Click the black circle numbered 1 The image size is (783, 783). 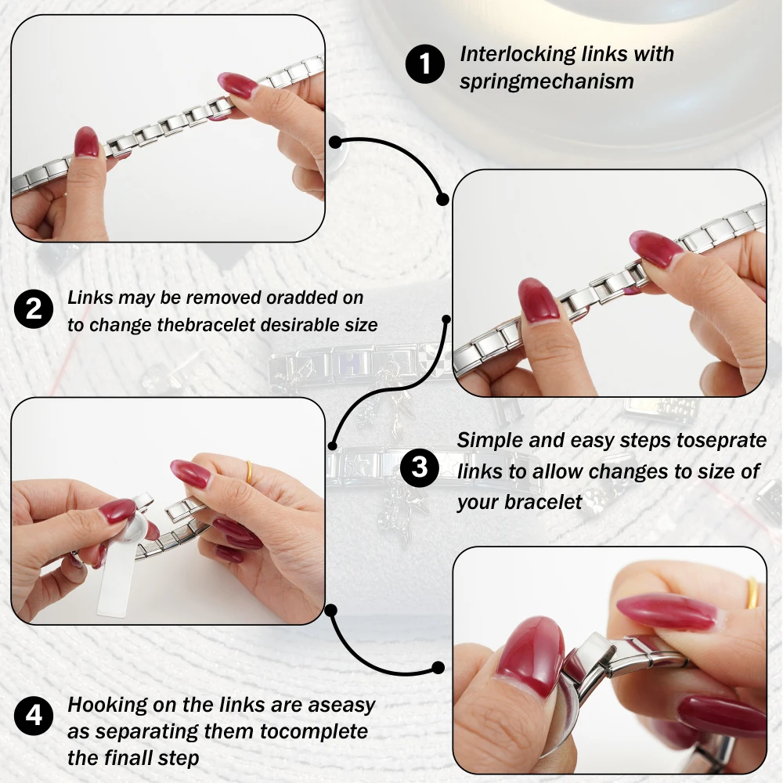tap(425, 64)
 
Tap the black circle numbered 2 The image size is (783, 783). tap(34, 309)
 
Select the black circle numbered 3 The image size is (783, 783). tap(420, 467)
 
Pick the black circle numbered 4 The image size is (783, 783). tap(34, 716)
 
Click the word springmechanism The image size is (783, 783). tap(547, 82)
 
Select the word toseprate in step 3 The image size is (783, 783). tap(722, 440)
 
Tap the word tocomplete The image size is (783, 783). tap(314, 731)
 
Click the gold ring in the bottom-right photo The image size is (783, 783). tap(752, 593)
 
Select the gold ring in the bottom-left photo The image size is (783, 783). tap(248, 472)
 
